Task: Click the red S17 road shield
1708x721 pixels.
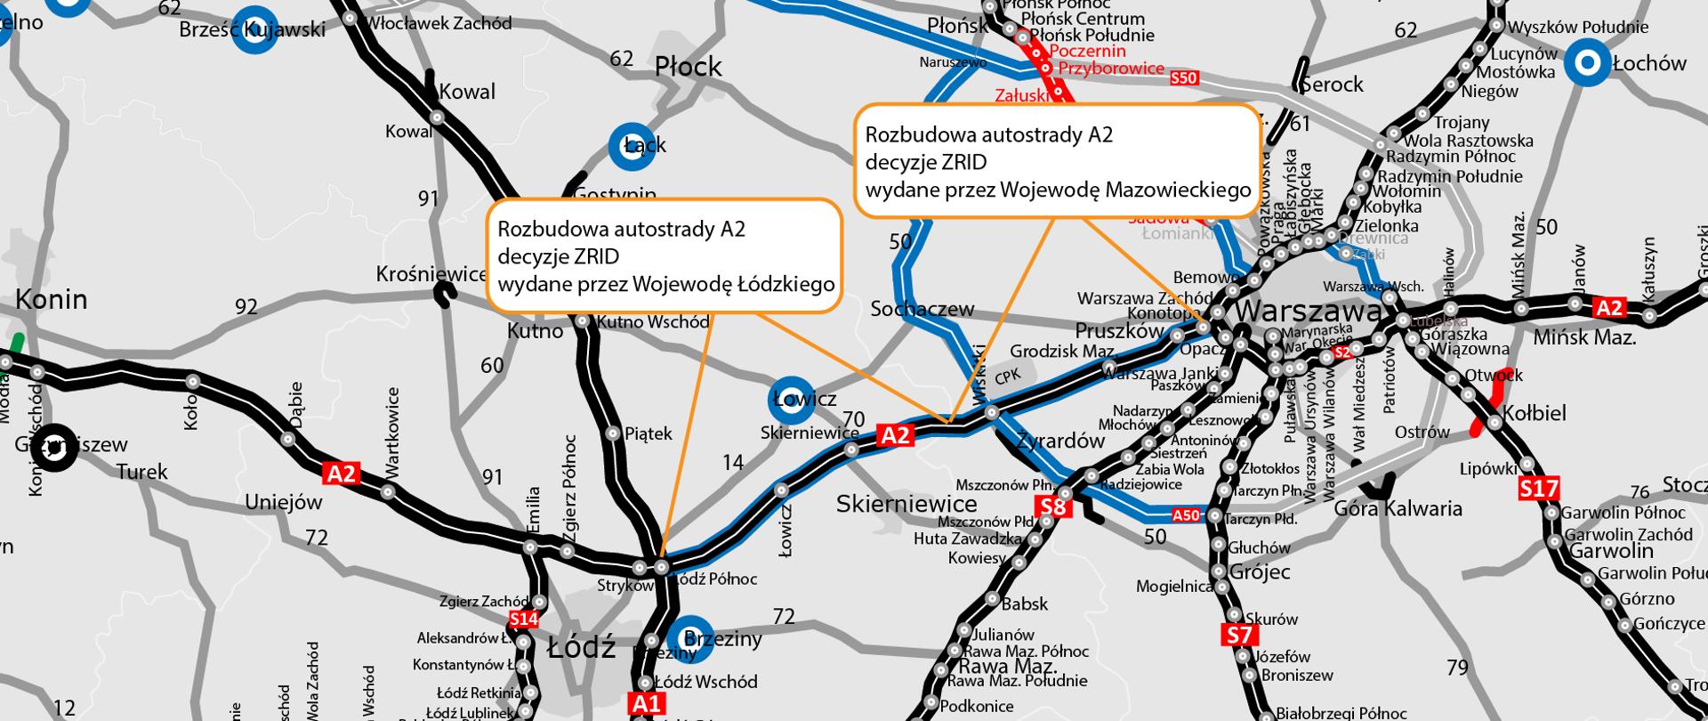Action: (x=1538, y=488)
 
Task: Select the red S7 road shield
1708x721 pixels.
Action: (x=1238, y=635)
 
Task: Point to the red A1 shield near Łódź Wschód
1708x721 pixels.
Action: (x=647, y=704)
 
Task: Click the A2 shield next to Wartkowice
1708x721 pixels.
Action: (x=342, y=473)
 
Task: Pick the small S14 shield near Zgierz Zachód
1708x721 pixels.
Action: (x=524, y=619)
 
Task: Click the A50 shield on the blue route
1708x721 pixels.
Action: (x=1187, y=514)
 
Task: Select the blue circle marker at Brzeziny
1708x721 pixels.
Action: (x=689, y=639)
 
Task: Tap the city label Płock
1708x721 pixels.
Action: (x=689, y=67)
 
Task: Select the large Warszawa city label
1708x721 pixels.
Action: (x=1309, y=312)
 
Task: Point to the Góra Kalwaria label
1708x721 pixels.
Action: (x=1398, y=509)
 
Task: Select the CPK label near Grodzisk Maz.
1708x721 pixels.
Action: (x=1007, y=377)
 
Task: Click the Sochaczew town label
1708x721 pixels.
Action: (x=922, y=310)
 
